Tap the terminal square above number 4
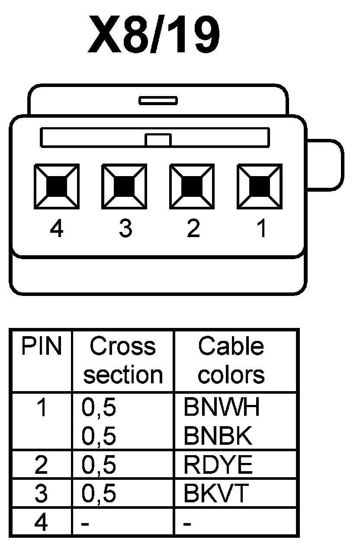57,186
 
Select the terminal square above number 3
124,186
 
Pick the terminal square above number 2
192,186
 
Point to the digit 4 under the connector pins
57,228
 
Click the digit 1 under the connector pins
261,228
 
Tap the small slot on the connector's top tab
158,101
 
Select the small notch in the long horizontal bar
158,140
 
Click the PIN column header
42,347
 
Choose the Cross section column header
122,360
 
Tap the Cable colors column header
231,360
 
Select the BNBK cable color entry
218,436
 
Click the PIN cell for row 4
41,523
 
